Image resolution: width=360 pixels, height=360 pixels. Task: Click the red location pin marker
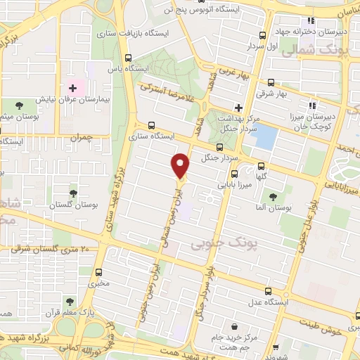click(x=181, y=165)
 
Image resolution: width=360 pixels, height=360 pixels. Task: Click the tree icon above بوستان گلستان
click(x=72, y=192)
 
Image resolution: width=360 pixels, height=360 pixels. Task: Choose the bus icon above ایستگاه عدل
click(x=268, y=290)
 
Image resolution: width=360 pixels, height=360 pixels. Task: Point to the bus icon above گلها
click(x=261, y=167)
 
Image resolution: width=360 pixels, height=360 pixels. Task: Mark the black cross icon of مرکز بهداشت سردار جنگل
click(x=238, y=108)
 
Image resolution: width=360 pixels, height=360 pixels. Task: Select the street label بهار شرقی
click(x=292, y=93)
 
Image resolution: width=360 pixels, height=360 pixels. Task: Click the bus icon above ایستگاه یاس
click(x=128, y=58)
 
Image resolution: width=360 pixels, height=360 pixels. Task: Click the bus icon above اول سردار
click(x=262, y=35)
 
